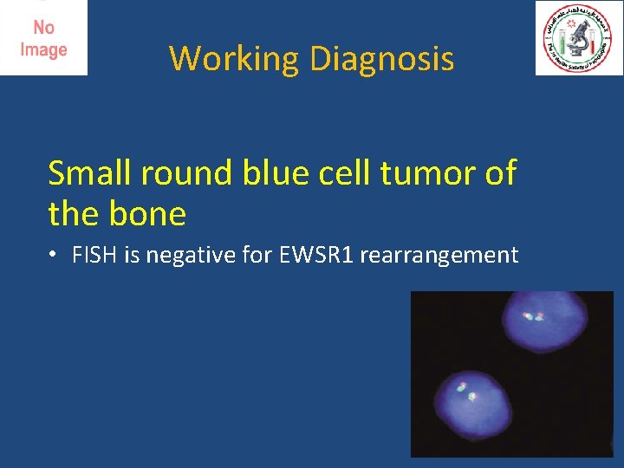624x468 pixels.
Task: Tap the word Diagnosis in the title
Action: click(381, 59)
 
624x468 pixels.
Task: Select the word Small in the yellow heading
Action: click(87, 174)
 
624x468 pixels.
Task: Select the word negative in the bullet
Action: click(180, 256)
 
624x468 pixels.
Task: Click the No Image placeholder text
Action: click(43, 39)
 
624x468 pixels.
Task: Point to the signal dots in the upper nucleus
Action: click(534, 317)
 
